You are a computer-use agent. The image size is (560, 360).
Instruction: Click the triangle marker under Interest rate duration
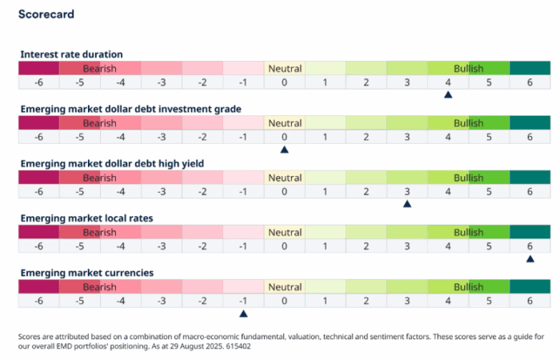click(x=448, y=95)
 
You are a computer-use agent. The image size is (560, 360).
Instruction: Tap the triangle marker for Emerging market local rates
click(x=530, y=258)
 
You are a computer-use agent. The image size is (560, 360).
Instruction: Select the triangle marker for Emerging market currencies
click(x=243, y=313)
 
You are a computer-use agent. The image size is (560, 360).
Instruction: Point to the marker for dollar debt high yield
click(x=407, y=204)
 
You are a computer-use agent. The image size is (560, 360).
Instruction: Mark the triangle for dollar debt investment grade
click(x=284, y=150)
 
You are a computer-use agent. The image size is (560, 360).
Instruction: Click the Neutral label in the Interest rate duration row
click(x=284, y=69)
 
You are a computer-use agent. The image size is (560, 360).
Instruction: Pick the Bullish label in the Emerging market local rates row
click(x=468, y=232)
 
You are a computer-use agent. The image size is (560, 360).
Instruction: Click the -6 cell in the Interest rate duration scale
click(x=38, y=82)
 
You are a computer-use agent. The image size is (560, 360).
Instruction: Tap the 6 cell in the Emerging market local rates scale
click(x=530, y=246)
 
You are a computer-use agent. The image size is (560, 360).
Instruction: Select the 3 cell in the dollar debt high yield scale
click(x=407, y=191)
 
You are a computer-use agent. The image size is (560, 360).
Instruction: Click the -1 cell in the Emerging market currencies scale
click(x=243, y=300)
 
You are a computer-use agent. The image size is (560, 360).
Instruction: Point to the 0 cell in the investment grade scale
click(x=284, y=137)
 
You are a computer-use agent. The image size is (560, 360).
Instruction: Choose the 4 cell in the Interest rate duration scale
click(x=448, y=82)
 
